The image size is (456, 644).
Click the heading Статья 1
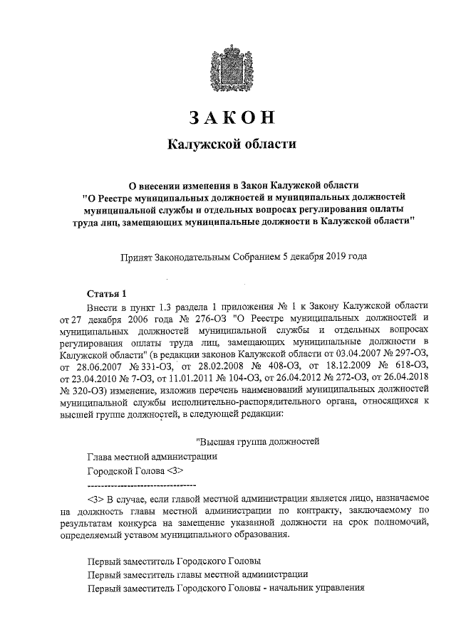[x=106, y=292]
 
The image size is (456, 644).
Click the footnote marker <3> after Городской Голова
[x=175, y=471]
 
